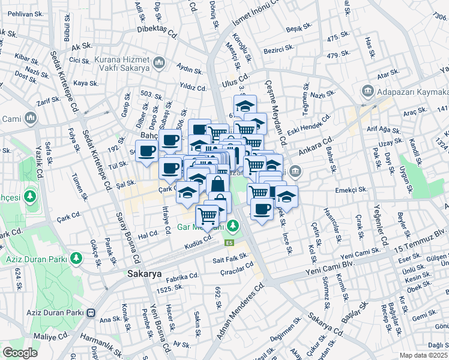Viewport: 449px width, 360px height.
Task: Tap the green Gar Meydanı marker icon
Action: (x=235, y=227)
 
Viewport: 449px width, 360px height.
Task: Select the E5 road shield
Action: (x=229, y=242)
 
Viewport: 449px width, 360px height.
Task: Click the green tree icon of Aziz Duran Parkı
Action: (x=76, y=258)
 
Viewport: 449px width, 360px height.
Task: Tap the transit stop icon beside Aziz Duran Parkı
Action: (x=91, y=313)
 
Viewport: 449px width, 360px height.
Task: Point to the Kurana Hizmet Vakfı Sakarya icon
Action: (x=159, y=62)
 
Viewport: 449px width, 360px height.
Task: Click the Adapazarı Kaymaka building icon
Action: (x=367, y=92)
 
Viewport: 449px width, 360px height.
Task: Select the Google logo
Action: (x=20, y=352)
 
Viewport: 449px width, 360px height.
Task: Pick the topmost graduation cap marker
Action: (x=245, y=106)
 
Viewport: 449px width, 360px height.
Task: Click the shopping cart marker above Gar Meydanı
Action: (x=208, y=215)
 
